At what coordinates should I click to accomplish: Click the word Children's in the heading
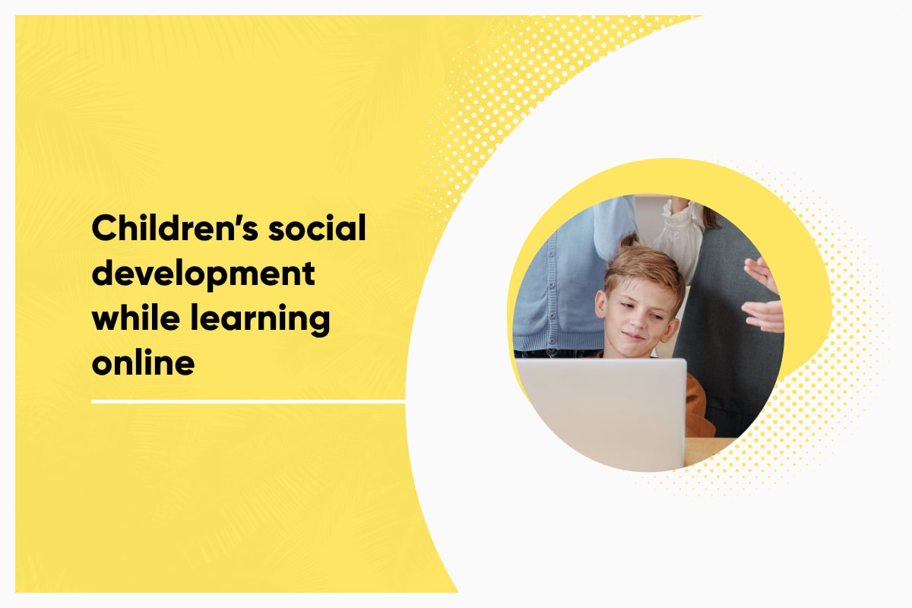175,228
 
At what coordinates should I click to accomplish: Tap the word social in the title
317,228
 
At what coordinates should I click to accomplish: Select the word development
204,274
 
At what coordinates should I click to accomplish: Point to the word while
136,318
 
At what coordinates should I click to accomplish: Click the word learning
260,320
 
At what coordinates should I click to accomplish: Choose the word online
144,363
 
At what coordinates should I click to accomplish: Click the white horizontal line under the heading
249,402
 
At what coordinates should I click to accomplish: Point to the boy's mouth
635,336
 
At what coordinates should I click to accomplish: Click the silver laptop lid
601,413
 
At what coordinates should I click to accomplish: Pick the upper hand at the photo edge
761,274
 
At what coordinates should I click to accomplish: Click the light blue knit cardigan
570,277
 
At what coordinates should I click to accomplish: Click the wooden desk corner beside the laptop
708,450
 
